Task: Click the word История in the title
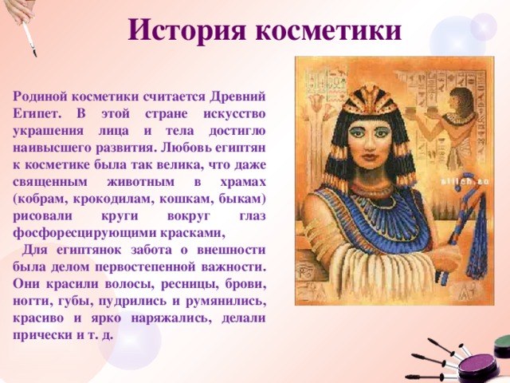tap(188, 30)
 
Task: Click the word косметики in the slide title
tap(328, 30)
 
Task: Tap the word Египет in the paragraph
tap(37, 114)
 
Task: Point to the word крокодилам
tap(113, 199)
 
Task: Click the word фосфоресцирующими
tap(84, 234)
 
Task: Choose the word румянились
tap(226, 302)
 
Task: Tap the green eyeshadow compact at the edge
tap(502, 345)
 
